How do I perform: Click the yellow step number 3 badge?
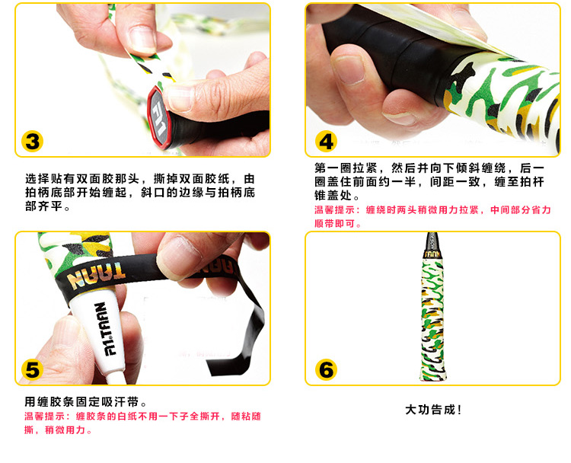pos(33,142)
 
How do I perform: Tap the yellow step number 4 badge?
pos(326,142)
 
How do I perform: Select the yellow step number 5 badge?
pos(33,370)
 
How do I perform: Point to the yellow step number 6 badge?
pos(326,370)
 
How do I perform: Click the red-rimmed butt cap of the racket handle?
pos(159,117)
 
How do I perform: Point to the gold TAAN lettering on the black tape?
pos(97,274)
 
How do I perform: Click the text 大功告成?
pos(433,410)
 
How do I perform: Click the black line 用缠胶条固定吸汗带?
pos(85,402)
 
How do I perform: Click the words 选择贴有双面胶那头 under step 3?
pos(82,179)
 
